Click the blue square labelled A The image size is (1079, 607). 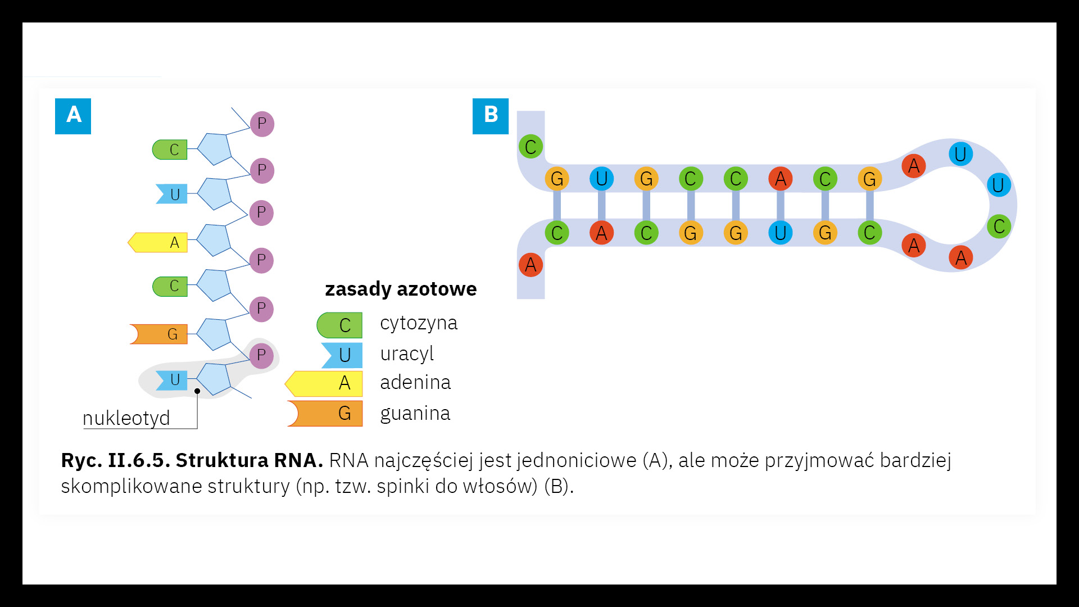coord(73,116)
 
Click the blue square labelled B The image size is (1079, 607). coord(490,116)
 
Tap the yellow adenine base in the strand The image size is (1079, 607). coord(158,242)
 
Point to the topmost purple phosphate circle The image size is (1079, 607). coord(262,124)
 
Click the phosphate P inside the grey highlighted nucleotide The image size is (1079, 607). coord(261,355)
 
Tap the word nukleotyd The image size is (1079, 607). coord(126,418)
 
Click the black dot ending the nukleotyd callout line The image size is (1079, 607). coord(197,391)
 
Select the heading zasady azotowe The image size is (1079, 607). coord(401,289)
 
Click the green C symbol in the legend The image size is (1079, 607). coord(340,325)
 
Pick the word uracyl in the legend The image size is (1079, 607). coord(407,354)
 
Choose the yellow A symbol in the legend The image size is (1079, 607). coord(325,383)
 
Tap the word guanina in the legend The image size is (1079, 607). coord(415,413)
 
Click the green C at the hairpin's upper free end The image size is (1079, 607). coord(531,147)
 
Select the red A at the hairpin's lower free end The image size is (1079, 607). coord(531,265)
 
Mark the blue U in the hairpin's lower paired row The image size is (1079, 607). coord(780,233)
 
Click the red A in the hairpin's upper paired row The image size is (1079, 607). coord(780,179)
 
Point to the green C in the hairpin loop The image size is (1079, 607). coord(999,227)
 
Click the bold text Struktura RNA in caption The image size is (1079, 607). coord(249,460)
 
